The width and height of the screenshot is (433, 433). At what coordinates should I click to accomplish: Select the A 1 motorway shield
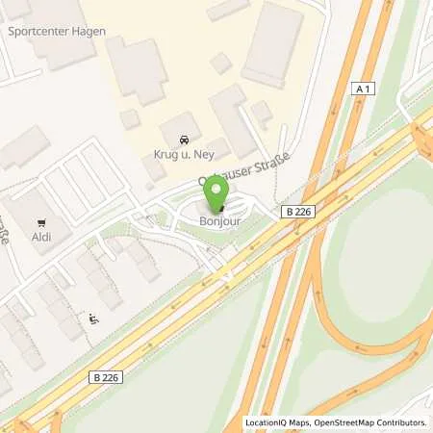(362, 89)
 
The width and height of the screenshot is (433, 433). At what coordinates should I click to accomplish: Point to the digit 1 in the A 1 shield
(367, 89)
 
